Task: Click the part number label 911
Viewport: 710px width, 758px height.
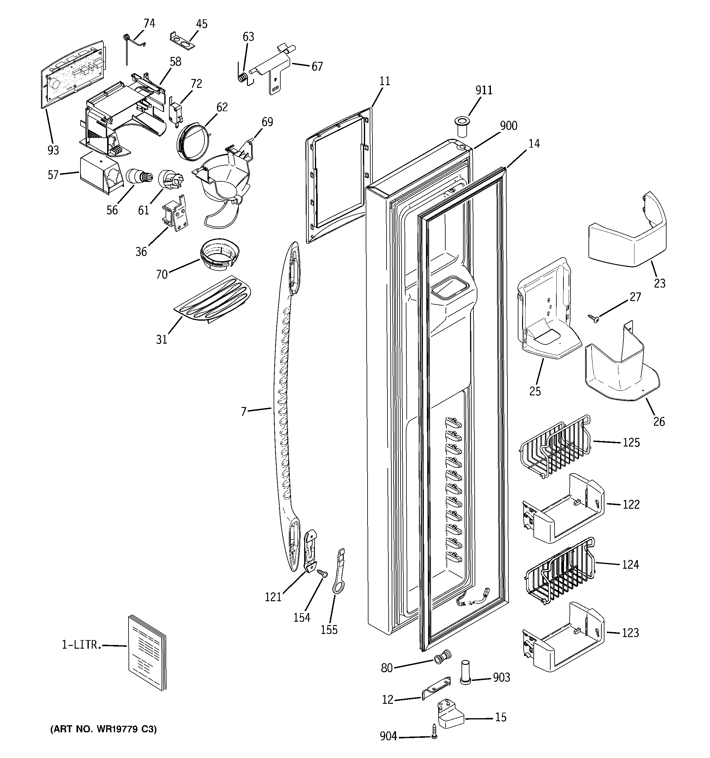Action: click(x=484, y=90)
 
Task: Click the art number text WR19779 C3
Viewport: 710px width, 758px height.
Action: click(x=104, y=729)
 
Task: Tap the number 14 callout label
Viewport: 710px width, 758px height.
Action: click(x=534, y=144)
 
